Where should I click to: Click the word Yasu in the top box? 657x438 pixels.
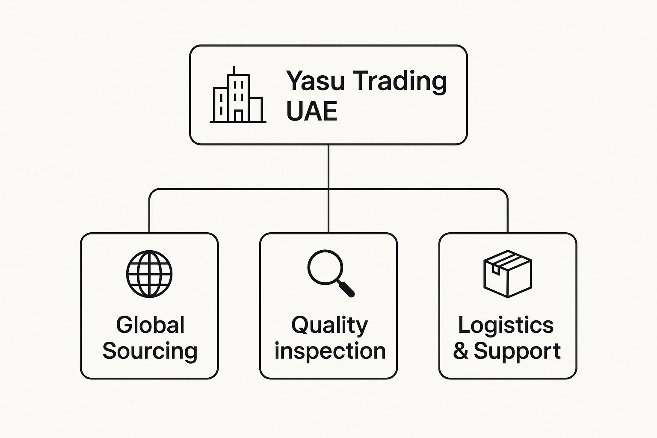pos(315,81)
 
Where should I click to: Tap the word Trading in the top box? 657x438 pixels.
pos(401,81)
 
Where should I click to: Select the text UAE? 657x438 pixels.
pos(311,111)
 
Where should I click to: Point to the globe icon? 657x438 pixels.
pos(149,274)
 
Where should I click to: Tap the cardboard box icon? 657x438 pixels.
pos(507,274)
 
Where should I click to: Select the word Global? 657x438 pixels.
pos(150,325)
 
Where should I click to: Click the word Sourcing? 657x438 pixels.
pos(150,351)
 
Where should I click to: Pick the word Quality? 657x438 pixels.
pos(329,325)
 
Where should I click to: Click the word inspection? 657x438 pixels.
pos(330,351)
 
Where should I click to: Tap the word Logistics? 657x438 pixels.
pos(506,325)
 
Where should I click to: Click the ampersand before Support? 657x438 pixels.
pos(461,351)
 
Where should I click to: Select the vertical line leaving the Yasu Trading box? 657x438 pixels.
pos(328,167)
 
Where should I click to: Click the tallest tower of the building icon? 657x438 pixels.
pos(238,96)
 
